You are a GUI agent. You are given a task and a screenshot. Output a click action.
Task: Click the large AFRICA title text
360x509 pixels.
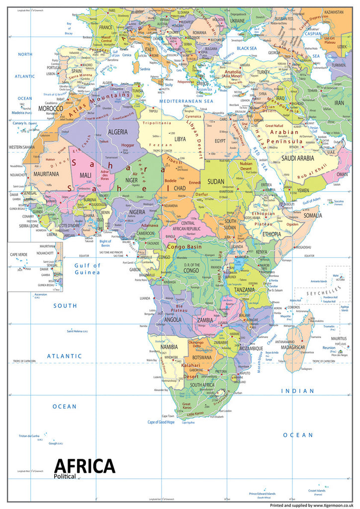[x=85, y=466]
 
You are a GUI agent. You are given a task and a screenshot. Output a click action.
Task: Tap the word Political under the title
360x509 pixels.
[x=65, y=477]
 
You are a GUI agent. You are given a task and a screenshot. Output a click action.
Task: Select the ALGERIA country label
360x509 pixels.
[x=117, y=132]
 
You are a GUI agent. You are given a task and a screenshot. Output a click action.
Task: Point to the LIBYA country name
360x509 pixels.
[x=180, y=139]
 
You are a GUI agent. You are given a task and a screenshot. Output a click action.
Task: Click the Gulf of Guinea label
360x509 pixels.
[x=87, y=268]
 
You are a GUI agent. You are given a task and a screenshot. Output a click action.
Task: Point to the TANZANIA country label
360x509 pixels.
[x=246, y=290]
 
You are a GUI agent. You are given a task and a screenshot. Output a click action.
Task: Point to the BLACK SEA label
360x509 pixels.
[x=246, y=48]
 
